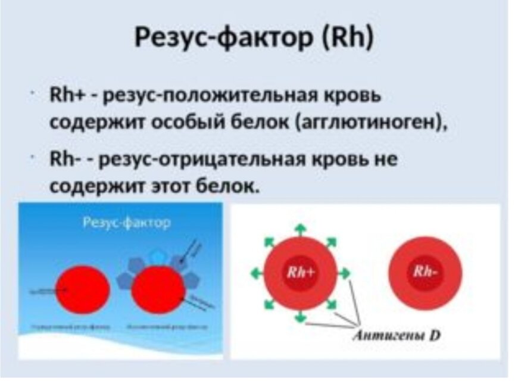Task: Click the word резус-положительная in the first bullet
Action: [220, 96]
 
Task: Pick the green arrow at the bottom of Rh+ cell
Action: [301, 316]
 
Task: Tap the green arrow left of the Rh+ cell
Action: [256, 273]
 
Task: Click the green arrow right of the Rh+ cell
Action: [345, 273]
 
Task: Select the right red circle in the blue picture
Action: [158, 289]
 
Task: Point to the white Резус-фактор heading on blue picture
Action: [126, 223]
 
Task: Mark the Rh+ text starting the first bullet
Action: [63, 96]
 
